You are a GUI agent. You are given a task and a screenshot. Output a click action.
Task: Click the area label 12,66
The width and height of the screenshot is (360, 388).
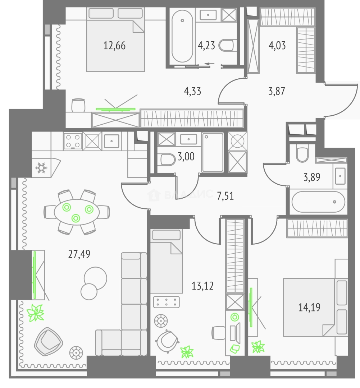(114, 46)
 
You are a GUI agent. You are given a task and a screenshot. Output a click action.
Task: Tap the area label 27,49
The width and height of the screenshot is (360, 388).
(79, 254)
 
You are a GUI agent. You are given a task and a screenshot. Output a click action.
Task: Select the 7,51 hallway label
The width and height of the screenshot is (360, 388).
(225, 196)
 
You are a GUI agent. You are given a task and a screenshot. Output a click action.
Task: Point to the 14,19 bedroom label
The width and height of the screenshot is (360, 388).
(309, 307)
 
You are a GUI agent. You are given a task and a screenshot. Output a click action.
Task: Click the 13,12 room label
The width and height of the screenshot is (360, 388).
(202, 286)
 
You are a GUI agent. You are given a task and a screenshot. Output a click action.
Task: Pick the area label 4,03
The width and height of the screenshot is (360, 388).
(277, 46)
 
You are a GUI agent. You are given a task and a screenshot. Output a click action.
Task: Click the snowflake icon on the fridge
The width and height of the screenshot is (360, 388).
(41, 168)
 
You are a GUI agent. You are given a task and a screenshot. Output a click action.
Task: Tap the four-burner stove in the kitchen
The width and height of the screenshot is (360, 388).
(73, 141)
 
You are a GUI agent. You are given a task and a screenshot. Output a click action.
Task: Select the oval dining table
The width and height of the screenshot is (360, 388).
(77, 212)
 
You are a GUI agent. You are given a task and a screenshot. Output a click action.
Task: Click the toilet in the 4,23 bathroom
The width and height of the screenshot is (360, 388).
(227, 45)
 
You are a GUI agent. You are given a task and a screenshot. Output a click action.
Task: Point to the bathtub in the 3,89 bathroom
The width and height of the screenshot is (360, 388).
(318, 202)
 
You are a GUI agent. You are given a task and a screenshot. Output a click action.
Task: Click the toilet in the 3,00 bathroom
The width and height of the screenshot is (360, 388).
(168, 160)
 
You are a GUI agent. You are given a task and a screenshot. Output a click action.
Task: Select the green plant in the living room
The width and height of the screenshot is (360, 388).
(36, 313)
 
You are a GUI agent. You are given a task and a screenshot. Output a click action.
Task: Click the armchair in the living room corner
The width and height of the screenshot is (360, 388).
(48, 342)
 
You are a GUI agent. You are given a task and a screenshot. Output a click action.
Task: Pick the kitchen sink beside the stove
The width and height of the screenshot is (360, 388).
(112, 141)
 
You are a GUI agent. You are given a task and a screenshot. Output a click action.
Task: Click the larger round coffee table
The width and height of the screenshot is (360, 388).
(95, 278)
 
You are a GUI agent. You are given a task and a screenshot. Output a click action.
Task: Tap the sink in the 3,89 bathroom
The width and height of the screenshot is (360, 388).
(340, 176)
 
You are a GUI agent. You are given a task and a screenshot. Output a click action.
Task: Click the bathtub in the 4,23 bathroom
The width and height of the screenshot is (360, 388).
(182, 36)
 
